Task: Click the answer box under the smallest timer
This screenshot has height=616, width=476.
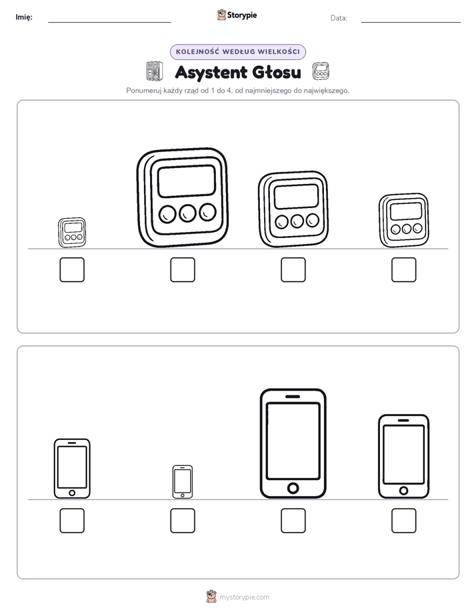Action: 72,270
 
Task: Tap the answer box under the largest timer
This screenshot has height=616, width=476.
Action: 183,270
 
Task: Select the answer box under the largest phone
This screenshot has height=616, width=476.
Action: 293,521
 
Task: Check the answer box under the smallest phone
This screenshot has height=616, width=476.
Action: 183,521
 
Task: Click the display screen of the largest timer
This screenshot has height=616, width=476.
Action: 187,181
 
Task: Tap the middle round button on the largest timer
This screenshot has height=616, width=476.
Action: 187,213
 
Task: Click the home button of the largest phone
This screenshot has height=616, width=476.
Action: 293,488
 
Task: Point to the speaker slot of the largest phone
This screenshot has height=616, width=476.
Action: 293,397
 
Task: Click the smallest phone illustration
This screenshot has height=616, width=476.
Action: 183,482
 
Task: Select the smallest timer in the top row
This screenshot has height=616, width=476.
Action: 72,233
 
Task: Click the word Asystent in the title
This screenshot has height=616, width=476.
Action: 211,73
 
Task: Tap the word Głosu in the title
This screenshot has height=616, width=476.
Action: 277,72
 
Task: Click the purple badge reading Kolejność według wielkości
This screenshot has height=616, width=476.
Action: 237,52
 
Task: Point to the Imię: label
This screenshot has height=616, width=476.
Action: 24,17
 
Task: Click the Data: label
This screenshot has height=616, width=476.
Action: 339,18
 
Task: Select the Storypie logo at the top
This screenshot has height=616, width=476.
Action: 237,15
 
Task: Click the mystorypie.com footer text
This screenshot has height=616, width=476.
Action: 244,597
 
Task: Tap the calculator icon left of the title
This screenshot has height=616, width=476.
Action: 155,71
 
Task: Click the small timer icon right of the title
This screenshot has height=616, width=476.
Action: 321,71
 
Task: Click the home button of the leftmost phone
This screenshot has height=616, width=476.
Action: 72,493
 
